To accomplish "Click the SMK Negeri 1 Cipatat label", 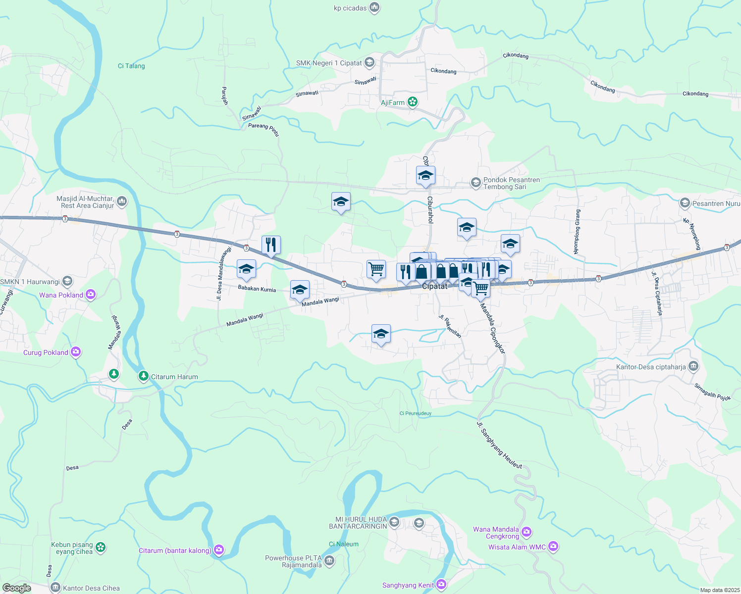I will click(329, 63).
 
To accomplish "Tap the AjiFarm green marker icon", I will click(413, 102).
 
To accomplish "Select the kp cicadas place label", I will click(350, 8).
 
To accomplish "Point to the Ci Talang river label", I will click(131, 66).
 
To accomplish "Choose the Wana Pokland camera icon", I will click(90, 295).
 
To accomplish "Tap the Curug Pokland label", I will click(46, 352).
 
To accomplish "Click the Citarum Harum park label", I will click(174, 377).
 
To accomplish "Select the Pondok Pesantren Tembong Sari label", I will click(512, 183).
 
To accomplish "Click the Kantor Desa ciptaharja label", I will click(651, 367).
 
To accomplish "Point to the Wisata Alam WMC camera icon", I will click(553, 547).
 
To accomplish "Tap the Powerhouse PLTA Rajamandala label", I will click(294, 561).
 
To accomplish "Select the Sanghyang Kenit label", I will click(408, 585).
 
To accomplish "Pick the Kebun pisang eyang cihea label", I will click(72, 548).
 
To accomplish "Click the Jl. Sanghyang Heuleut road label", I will click(499, 445).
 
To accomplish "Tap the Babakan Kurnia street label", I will click(257, 288).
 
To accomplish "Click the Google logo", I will click(17, 588).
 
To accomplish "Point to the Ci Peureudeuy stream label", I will click(416, 413).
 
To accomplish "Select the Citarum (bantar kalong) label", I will click(175, 550).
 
